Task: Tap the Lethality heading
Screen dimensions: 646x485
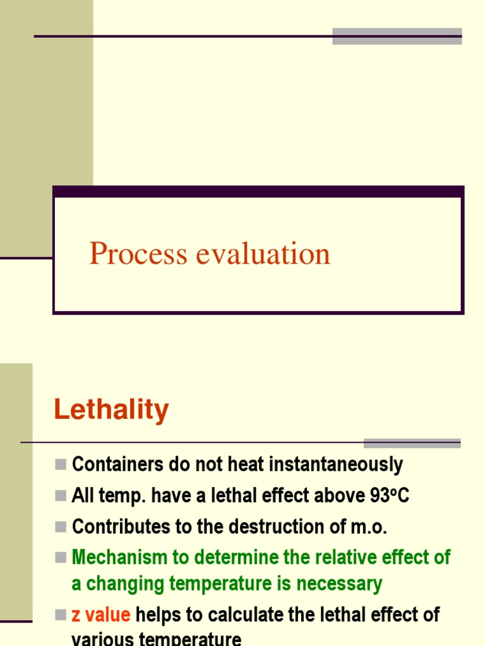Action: (111, 410)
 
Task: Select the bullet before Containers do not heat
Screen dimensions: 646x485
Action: (61, 465)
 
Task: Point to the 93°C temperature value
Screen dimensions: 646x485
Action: (390, 496)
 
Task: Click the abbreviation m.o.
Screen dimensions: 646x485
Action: (366, 527)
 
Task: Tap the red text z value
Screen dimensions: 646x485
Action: (101, 614)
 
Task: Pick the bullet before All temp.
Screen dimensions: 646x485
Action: (61, 496)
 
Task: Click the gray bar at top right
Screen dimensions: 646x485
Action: (397, 36)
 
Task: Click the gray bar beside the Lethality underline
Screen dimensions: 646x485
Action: (412, 443)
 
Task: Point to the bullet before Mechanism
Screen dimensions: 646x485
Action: (61, 558)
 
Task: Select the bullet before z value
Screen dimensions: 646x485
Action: (61, 614)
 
